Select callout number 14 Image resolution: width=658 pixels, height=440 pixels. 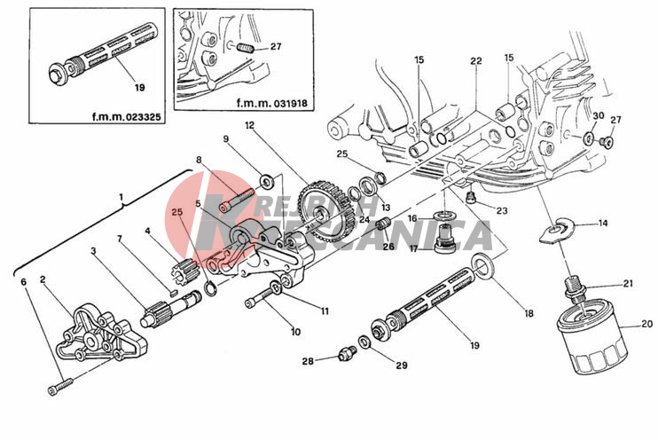(603, 223)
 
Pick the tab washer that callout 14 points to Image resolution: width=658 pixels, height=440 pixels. (555, 230)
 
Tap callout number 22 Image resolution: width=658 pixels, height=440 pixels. (475, 61)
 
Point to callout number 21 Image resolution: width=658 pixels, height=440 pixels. (628, 283)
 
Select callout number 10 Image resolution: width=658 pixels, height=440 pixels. (294, 332)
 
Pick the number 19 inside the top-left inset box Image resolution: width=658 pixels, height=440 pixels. (138, 87)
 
